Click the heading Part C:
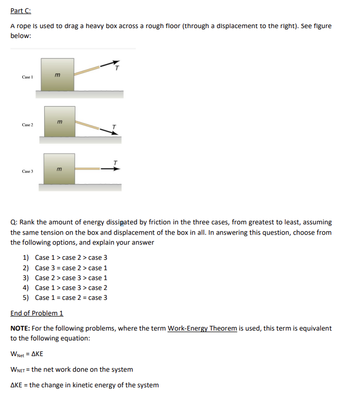(x=21, y=11)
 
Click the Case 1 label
(x=28, y=77)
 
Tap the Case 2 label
(x=28, y=125)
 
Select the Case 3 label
(x=28, y=171)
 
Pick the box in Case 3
(x=59, y=169)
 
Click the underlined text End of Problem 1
(x=37, y=313)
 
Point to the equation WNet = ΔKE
(x=27, y=354)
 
